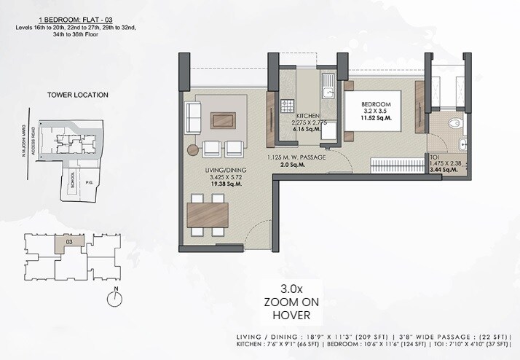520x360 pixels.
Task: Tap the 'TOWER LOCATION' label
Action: (77, 95)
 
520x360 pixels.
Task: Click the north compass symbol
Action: (115, 297)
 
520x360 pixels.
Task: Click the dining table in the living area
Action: (208, 214)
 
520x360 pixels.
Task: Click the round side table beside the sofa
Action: (192, 149)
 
